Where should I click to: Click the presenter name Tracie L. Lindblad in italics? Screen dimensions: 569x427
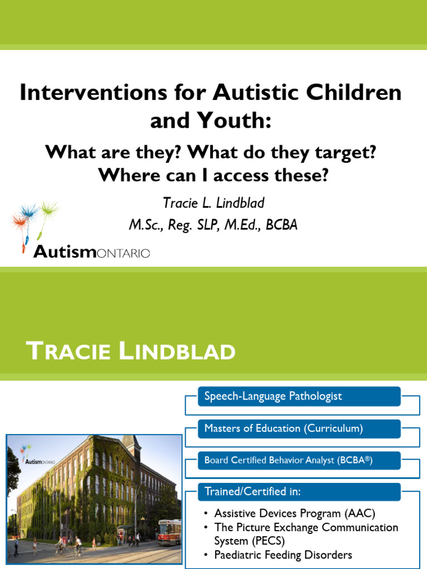pos(213,203)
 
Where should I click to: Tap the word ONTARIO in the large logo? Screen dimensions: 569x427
pos(123,253)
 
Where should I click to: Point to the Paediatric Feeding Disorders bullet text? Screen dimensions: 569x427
pos(283,555)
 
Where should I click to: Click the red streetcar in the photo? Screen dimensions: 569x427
pos(169,532)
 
